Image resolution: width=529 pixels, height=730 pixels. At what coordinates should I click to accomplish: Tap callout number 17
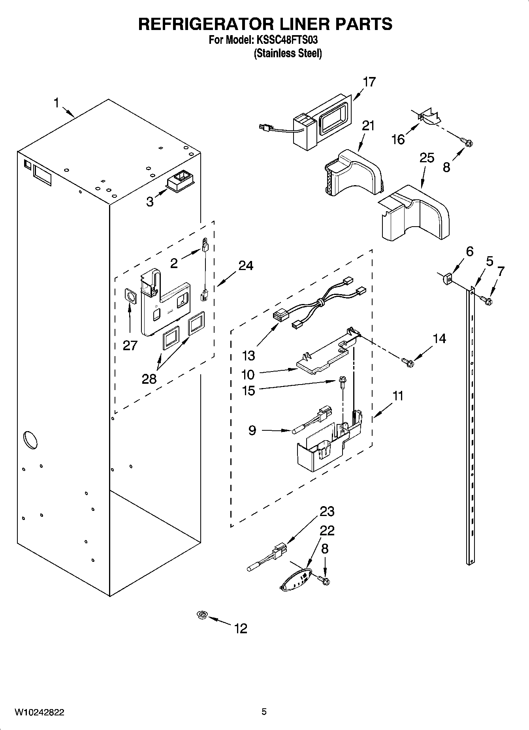point(369,82)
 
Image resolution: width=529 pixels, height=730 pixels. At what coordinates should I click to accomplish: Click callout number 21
point(368,126)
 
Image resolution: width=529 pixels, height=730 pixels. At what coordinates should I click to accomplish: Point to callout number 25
point(427,158)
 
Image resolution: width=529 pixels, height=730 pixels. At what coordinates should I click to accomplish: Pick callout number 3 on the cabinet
point(150,202)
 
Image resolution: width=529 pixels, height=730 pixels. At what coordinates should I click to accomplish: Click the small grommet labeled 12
point(202,615)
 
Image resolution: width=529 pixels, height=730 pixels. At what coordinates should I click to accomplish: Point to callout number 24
point(246,266)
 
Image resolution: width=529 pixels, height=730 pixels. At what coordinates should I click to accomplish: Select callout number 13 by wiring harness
point(248,356)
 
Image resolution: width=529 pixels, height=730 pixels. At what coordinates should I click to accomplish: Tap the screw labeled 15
point(341,381)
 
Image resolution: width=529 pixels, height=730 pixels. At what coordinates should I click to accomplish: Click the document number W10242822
point(40,712)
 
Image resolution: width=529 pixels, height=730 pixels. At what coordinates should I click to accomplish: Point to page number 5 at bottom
point(264,712)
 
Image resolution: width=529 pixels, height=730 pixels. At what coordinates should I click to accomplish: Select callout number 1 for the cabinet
point(56,103)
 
